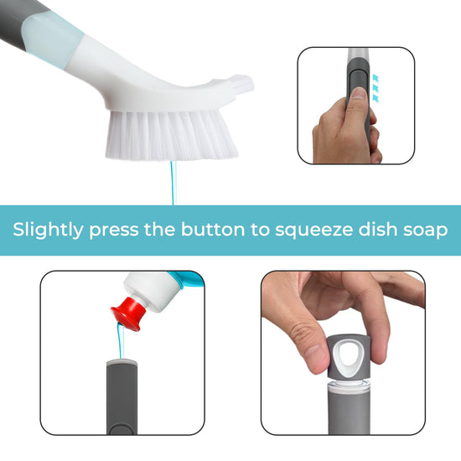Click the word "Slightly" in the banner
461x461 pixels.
(48, 230)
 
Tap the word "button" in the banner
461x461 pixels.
(213, 230)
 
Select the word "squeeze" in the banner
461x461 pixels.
(313, 230)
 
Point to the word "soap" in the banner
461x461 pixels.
(426, 230)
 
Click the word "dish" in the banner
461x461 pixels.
(377, 230)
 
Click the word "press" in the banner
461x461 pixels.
(113, 231)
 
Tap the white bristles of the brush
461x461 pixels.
(172, 135)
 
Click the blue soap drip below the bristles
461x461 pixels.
(173, 182)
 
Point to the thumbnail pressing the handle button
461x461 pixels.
(357, 94)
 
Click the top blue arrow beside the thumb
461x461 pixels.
(376, 78)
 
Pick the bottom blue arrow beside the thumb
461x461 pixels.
(376, 98)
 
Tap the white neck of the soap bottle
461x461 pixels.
(150, 291)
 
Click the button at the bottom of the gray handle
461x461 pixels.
(121, 428)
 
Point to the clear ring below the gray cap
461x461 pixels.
(349, 383)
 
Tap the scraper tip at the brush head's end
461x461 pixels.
(243, 83)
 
